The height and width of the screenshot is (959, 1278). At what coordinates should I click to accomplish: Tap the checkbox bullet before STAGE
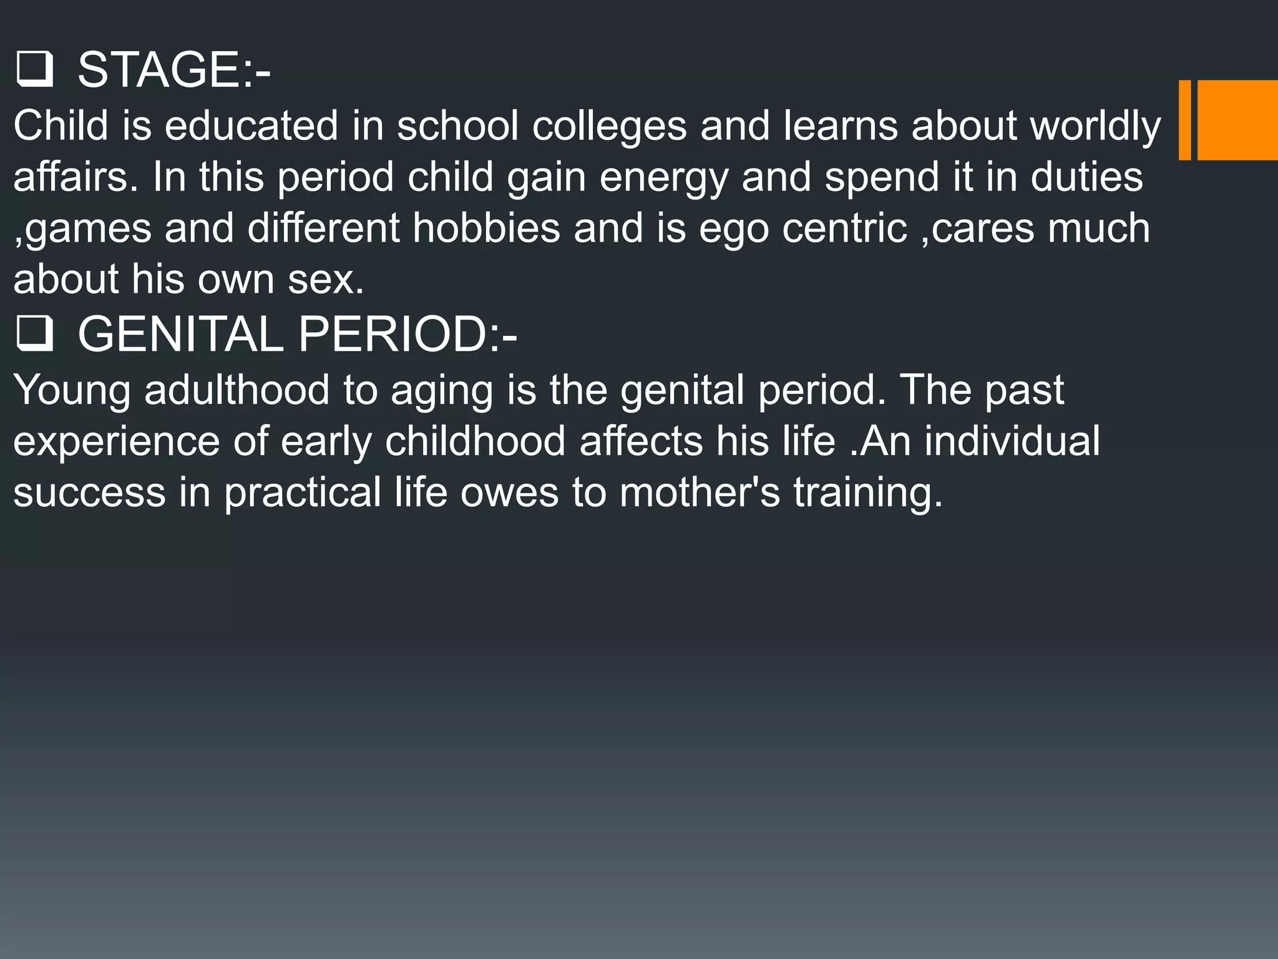tap(34, 71)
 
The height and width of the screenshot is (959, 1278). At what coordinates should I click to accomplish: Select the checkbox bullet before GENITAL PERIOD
tap(34, 334)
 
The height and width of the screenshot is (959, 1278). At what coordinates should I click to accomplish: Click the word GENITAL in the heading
tap(181, 334)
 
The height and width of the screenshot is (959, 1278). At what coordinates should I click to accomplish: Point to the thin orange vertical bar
tap(1184, 120)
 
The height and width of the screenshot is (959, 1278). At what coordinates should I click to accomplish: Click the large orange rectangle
tap(1237, 120)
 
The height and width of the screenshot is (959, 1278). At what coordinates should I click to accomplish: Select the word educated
tap(251, 125)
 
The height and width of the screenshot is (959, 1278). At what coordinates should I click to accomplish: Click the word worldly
tap(1095, 125)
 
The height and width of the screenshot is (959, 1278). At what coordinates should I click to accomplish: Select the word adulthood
tap(237, 390)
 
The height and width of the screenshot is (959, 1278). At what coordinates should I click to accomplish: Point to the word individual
tap(1012, 441)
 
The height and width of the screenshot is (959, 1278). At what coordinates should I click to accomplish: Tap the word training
tap(868, 493)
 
